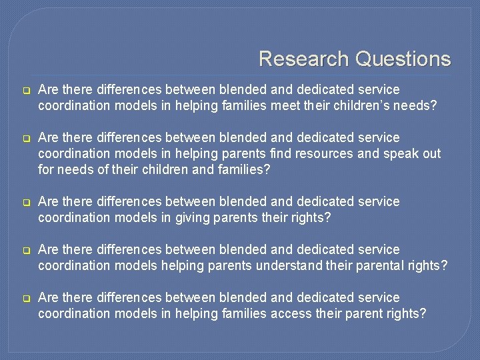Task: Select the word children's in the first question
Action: pyautogui.click(x=361, y=105)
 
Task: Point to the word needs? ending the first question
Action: pyautogui.click(x=418, y=105)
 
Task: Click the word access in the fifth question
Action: pyautogui.click(x=293, y=313)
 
